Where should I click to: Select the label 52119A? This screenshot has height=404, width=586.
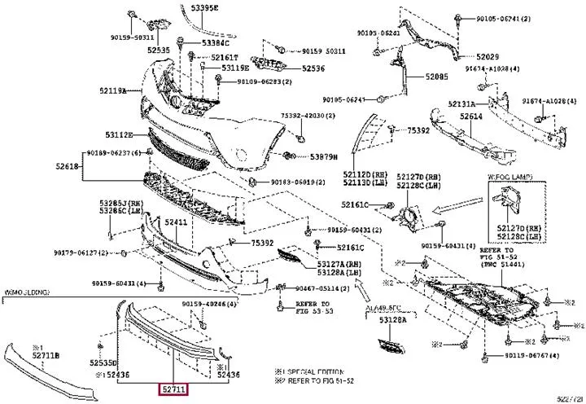(x=115, y=90)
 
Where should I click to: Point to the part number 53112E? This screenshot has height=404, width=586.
(x=119, y=134)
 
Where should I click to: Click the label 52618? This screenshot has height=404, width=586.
(x=68, y=166)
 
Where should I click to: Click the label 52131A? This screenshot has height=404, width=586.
(x=461, y=104)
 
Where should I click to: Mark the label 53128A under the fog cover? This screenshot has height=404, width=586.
(x=394, y=321)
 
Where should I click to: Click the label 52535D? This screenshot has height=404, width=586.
(x=103, y=362)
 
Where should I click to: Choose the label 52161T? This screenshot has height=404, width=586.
(x=225, y=57)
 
